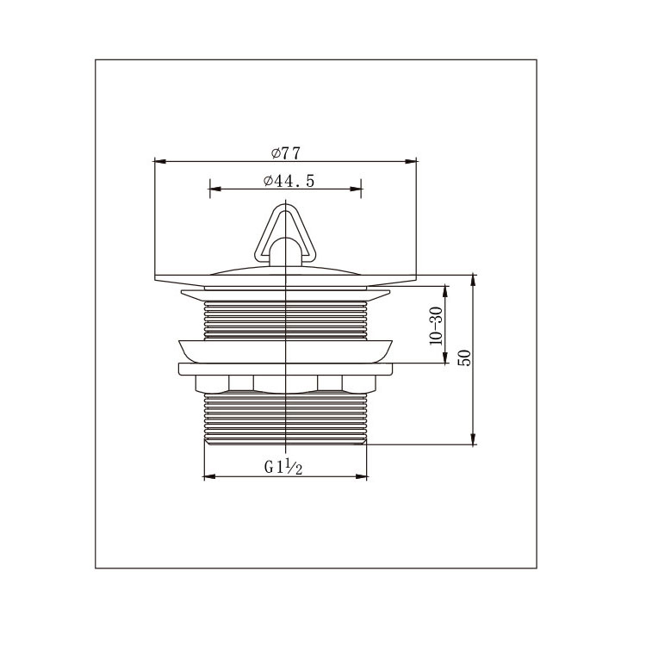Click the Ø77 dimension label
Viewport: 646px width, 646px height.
click(286, 153)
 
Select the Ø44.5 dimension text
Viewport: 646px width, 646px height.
click(289, 181)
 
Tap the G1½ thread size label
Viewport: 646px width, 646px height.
click(283, 468)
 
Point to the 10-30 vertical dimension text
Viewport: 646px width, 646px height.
click(436, 326)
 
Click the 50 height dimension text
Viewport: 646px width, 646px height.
click(464, 357)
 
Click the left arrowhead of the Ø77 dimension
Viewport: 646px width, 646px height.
click(160, 161)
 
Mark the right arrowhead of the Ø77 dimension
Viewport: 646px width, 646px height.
click(411, 161)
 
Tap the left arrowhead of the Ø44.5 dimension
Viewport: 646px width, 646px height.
click(215, 189)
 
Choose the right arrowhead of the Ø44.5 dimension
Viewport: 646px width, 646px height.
click(356, 189)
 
